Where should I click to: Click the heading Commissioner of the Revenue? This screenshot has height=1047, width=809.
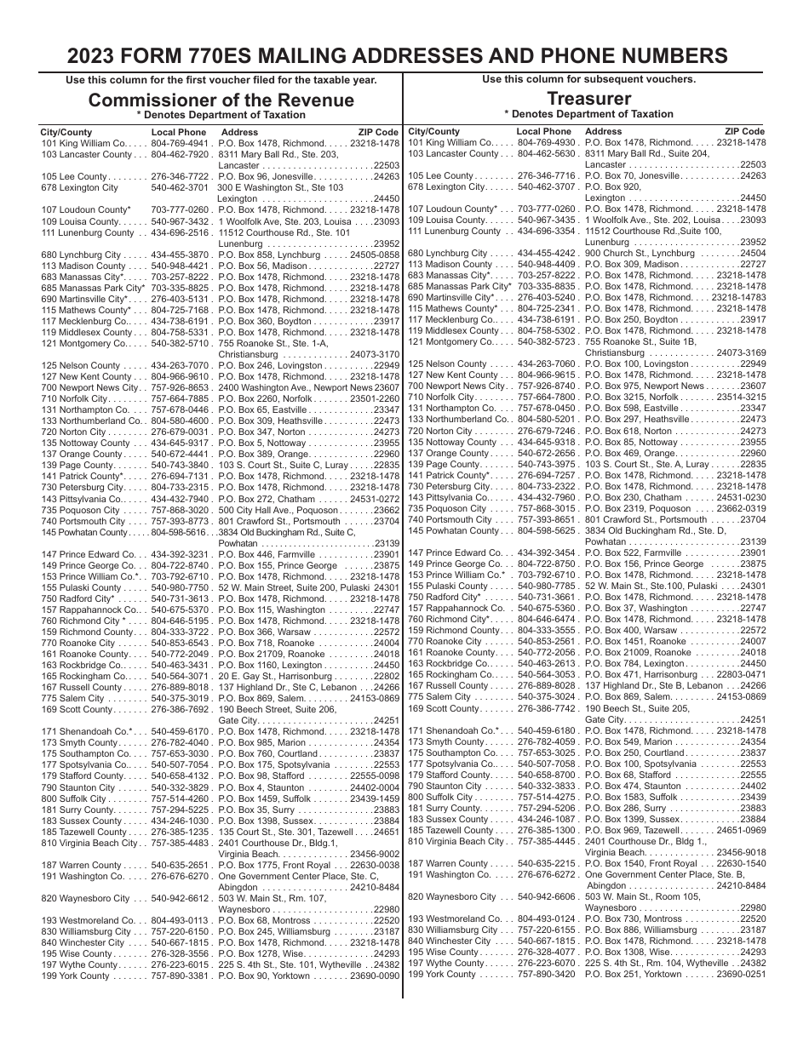coord(221,100)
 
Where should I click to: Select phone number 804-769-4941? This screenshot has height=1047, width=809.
coord(181,144)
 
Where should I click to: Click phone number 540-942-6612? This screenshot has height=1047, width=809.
coord(181,898)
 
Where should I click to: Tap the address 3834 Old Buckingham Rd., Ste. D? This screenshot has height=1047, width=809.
coord(651,530)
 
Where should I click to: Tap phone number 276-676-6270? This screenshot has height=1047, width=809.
coord(181,875)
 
